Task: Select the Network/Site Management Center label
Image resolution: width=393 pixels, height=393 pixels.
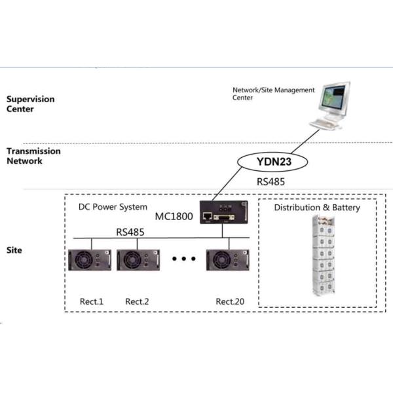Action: point(274,94)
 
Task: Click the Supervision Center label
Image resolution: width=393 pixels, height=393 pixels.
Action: point(30,104)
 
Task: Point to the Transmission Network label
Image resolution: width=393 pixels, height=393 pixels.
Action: point(33,156)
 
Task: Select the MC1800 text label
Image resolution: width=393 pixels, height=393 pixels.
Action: point(174,217)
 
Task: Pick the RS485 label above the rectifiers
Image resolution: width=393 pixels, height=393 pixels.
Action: point(131,231)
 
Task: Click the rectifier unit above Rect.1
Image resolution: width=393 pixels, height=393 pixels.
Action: point(90,260)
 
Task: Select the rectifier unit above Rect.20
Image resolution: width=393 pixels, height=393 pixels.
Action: point(225,260)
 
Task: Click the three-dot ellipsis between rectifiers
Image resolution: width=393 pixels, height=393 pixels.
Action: point(184,259)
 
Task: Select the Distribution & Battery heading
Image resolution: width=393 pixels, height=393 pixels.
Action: point(317,208)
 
